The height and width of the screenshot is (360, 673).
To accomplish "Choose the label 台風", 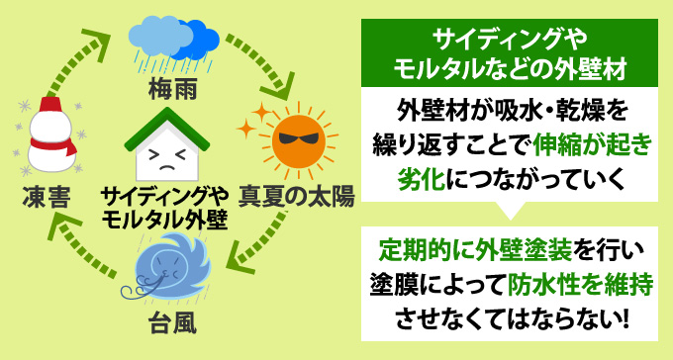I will (169, 321).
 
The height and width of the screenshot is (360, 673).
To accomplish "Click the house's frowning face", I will (165, 154).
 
